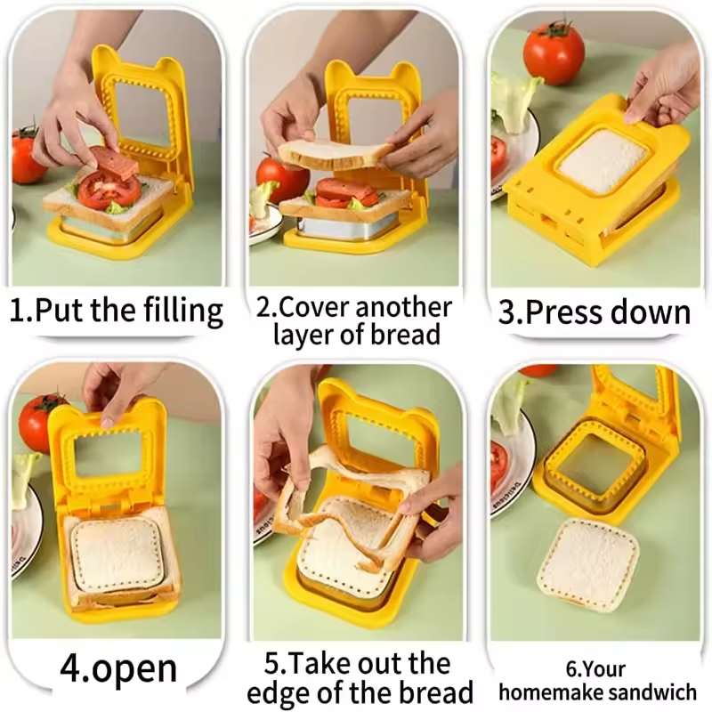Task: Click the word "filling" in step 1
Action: pos(182,311)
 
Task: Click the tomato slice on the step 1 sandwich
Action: pos(109,190)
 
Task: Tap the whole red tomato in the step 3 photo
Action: pos(554,52)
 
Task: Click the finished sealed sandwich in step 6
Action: pos(588,563)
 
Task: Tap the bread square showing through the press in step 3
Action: pos(603,161)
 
